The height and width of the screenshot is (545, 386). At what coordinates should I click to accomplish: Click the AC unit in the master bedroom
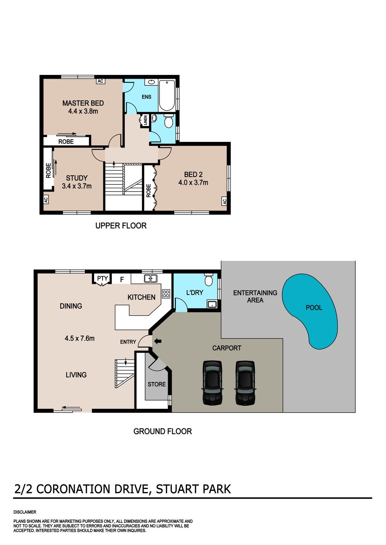100,81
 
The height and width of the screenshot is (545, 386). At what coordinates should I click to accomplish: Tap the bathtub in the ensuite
167,95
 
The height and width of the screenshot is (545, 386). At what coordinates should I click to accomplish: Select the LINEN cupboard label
146,120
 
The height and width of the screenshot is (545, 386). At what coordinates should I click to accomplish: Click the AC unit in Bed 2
224,201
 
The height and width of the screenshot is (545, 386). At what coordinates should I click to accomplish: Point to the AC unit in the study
46,199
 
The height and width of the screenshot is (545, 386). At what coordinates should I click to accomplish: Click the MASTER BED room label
83,103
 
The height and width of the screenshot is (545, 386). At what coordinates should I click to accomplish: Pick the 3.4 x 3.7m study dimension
77,186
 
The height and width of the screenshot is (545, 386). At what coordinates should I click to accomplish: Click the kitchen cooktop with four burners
166,294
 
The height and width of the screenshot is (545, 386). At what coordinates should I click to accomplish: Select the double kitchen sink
151,278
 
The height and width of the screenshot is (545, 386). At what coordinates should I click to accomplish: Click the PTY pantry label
103,278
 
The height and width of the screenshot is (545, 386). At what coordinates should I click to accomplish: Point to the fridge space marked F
122,280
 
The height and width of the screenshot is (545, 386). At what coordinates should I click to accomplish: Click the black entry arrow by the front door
158,341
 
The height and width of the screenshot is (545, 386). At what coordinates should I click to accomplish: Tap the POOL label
314,308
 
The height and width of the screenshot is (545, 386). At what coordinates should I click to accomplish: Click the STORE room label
156,384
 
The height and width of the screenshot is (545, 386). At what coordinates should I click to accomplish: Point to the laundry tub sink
212,304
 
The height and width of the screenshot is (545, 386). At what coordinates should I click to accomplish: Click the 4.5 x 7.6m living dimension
80,338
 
